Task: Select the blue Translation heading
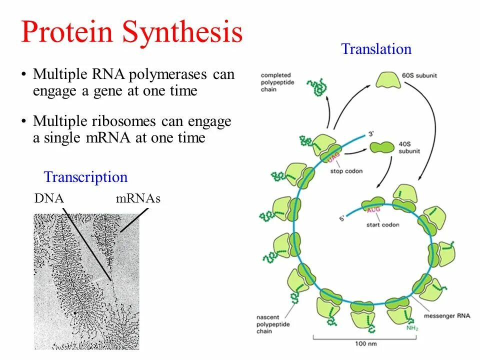coord(376,49)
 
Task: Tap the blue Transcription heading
coord(85,177)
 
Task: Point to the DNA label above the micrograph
coord(49,198)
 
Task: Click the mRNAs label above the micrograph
coord(138,198)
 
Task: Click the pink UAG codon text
coord(333,157)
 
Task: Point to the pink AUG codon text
coord(374,210)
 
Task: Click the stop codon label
coord(346,171)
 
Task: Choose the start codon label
coord(383,224)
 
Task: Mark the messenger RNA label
coord(446,316)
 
